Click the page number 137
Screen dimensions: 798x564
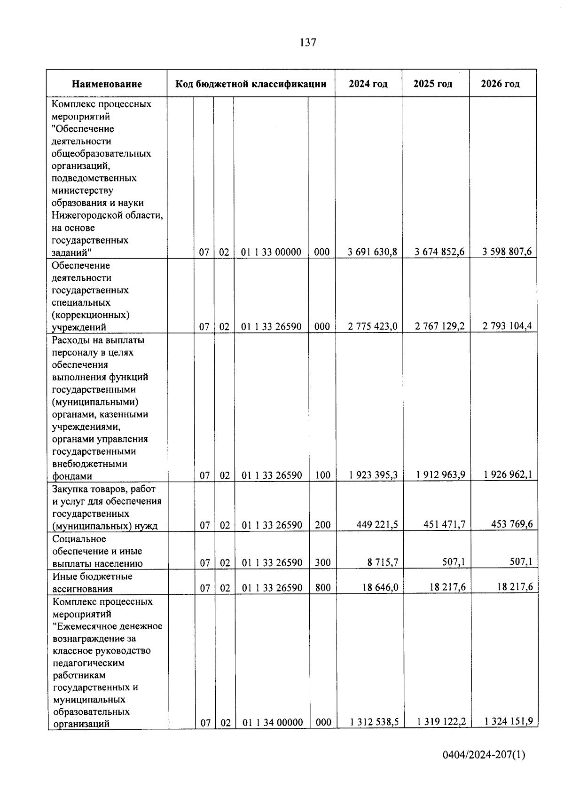point(308,43)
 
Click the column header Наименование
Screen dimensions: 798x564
point(107,84)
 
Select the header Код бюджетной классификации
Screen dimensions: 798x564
point(251,84)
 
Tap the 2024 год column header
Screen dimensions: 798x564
point(368,84)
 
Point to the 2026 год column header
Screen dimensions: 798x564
point(501,84)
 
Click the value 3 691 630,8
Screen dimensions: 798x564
point(372,252)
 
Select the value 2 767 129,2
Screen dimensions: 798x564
point(439,326)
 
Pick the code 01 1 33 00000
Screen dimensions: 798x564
point(271,252)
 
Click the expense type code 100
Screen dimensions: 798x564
point(322,475)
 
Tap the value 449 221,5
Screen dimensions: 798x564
point(377,524)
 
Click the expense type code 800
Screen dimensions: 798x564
point(323,587)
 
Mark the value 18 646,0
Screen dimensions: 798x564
point(380,587)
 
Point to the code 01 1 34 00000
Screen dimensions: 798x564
point(273,722)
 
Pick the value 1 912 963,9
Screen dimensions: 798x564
point(440,475)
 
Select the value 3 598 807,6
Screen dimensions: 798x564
point(507,252)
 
